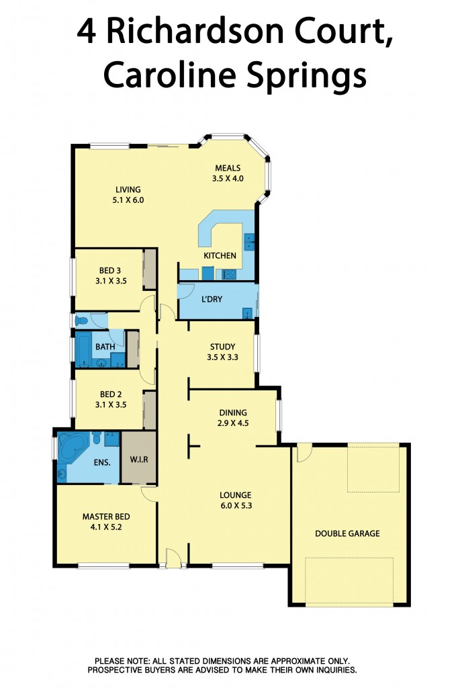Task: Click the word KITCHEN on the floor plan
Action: [220, 255]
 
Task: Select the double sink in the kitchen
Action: [249, 241]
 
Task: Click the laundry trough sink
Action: [247, 312]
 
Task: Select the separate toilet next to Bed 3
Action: [82, 320]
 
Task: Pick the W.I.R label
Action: [138, 460]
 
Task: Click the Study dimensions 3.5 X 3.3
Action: [222, 357]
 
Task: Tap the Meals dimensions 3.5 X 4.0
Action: [228, 179]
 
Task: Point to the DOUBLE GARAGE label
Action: [347, 533]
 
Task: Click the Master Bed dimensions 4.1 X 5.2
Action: [106, 527]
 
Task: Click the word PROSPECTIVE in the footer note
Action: [127, 670]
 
